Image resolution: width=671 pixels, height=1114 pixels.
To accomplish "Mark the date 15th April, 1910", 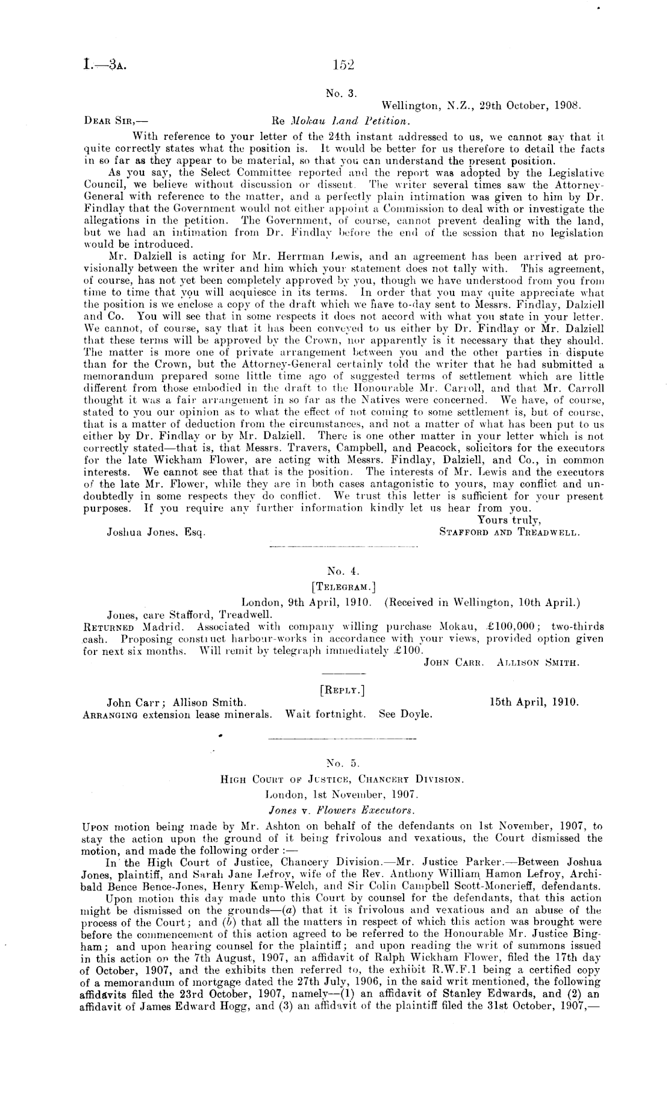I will click(535, 702).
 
